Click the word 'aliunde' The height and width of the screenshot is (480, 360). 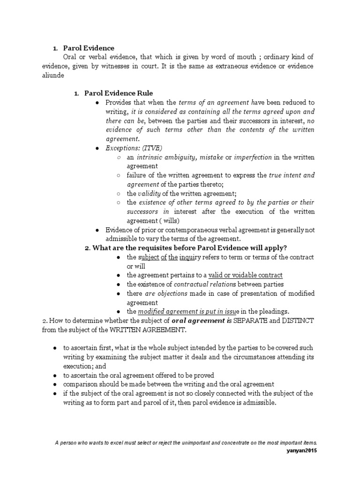point(50,75)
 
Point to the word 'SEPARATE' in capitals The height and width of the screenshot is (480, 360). point(249,321)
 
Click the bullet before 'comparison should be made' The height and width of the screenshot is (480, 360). point(55,384)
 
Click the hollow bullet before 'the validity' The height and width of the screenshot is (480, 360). point(119,193)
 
